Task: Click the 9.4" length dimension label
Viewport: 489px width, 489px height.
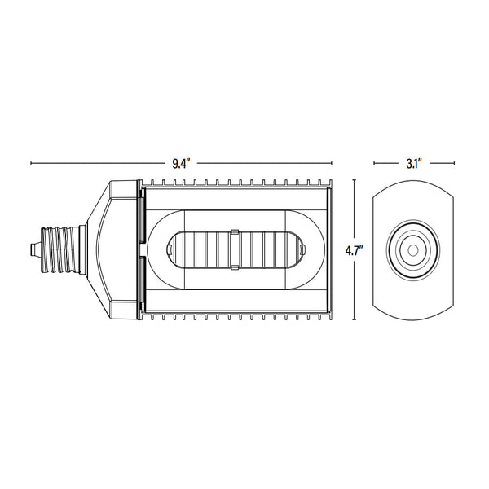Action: [180, 163]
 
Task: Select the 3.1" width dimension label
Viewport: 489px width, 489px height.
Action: [412, 163]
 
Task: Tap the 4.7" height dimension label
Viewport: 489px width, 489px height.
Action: [353, 250]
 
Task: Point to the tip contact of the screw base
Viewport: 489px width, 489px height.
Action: [33, 247]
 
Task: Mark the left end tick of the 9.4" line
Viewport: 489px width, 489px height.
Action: [31, 163]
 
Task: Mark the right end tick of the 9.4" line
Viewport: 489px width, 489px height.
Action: [332, 163]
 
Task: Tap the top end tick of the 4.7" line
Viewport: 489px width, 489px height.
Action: [355, 180]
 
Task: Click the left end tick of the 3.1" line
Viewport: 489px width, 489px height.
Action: [373, 163]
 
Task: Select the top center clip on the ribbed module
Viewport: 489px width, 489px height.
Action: [234, 232]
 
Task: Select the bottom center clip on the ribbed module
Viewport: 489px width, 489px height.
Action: [234, 264]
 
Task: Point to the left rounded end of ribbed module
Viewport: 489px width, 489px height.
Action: [172, 248]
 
